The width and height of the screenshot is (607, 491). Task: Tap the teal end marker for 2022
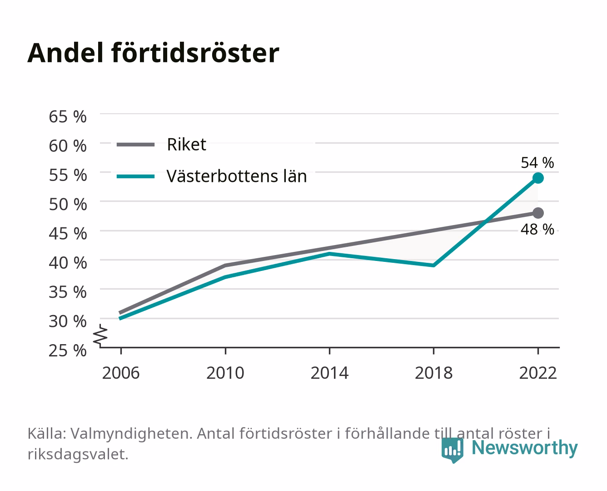tap(538, 178)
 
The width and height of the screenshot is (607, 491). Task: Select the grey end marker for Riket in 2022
tap(538, 213)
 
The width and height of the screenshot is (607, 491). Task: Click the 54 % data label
tap(537, 162)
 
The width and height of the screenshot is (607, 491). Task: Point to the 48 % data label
tap(537, 229)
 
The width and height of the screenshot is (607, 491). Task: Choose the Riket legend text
tap(186, 144)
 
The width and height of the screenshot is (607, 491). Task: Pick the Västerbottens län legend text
tap(237, 176)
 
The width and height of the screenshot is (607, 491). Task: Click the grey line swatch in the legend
tap(136, 145)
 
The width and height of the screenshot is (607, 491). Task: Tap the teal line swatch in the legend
tap(136, 176)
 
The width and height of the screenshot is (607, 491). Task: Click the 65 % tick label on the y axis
tap(68, 117)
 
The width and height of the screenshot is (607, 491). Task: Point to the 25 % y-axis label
tap(68, 351)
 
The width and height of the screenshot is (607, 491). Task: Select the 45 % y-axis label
tap(68, 234)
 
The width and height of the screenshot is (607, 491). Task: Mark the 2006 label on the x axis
tap(121, 373)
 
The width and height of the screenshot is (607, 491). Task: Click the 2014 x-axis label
tap(329, 373)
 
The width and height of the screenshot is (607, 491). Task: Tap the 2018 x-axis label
tap(433, 373)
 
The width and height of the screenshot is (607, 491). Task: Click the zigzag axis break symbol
tap(100, 336)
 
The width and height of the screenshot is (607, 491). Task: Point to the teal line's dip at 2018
tap(433, 266)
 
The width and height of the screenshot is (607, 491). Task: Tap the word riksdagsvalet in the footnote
tap(78, 454)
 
